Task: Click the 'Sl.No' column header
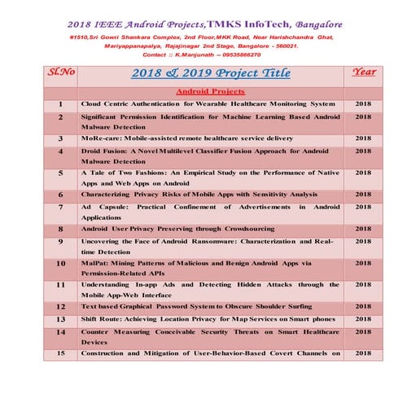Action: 61,72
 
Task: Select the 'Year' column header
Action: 363,72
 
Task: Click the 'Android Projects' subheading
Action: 209,92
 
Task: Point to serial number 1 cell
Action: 61,105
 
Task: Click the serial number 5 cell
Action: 61,173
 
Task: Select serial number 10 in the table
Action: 61,264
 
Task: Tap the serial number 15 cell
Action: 61,353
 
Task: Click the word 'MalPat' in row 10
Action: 94,264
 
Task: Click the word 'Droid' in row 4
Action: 93,151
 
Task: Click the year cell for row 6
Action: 363,195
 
